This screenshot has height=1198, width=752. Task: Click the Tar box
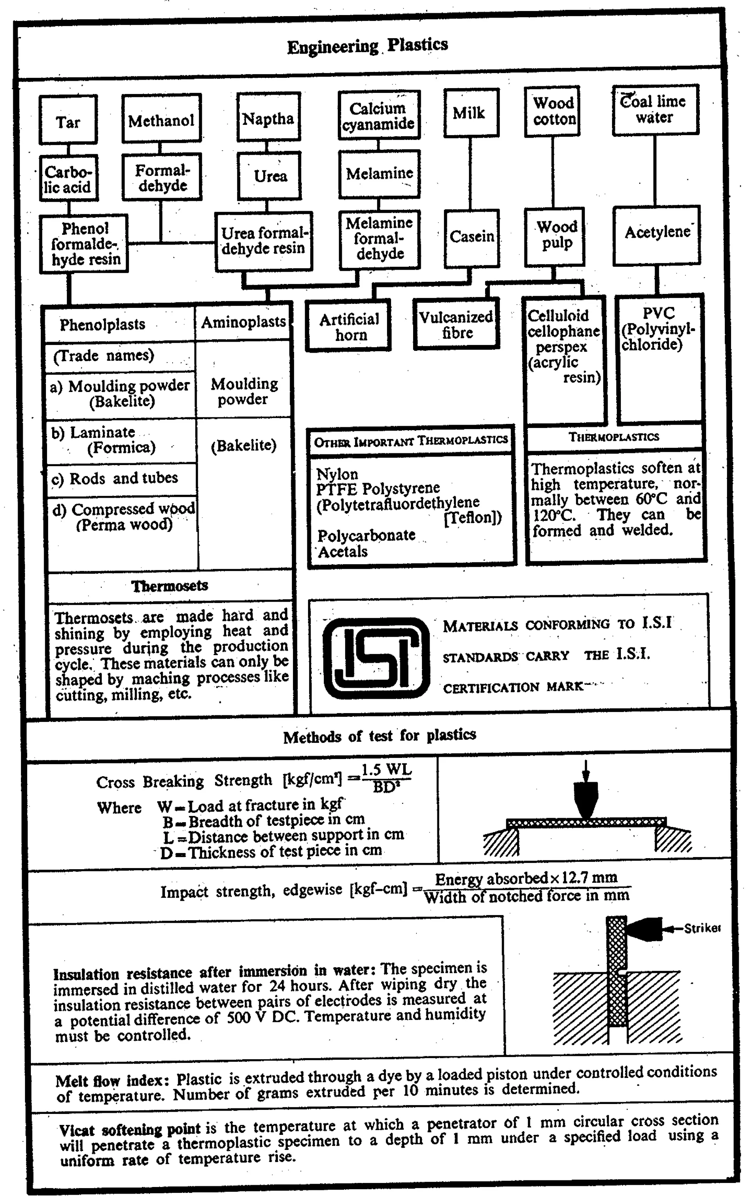tap(68, 121)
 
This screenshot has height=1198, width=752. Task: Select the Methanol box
tap(161, 119)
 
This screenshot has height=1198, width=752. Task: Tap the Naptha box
tap(268, 118)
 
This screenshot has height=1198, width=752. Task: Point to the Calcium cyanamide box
tap(379, 115)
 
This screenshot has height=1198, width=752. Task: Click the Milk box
tap(470, 113)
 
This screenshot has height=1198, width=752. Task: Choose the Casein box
tap(471, 237)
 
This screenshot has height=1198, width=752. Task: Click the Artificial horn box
tap(349, 326)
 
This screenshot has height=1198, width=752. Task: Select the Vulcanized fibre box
tap(456, 324)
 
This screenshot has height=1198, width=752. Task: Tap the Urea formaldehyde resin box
tap(263, 241)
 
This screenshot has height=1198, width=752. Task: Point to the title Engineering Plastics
tap(368, 46)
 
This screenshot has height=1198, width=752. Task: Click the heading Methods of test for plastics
tap(379, 736)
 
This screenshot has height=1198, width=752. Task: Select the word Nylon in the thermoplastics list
tap(337, 474)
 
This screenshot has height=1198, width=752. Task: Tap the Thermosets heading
tap(170, 585)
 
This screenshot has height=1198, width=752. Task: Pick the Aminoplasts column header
tap(243, 322)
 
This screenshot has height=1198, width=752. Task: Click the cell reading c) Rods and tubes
tap(115, 479)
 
